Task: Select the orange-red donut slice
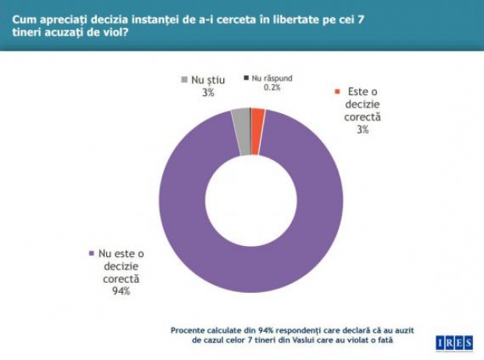click(258, 117)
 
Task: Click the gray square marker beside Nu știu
click(184, 80)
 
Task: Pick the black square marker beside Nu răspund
click(246, 78)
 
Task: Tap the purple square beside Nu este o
click(91, 253)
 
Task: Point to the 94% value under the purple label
click(120, 292)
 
